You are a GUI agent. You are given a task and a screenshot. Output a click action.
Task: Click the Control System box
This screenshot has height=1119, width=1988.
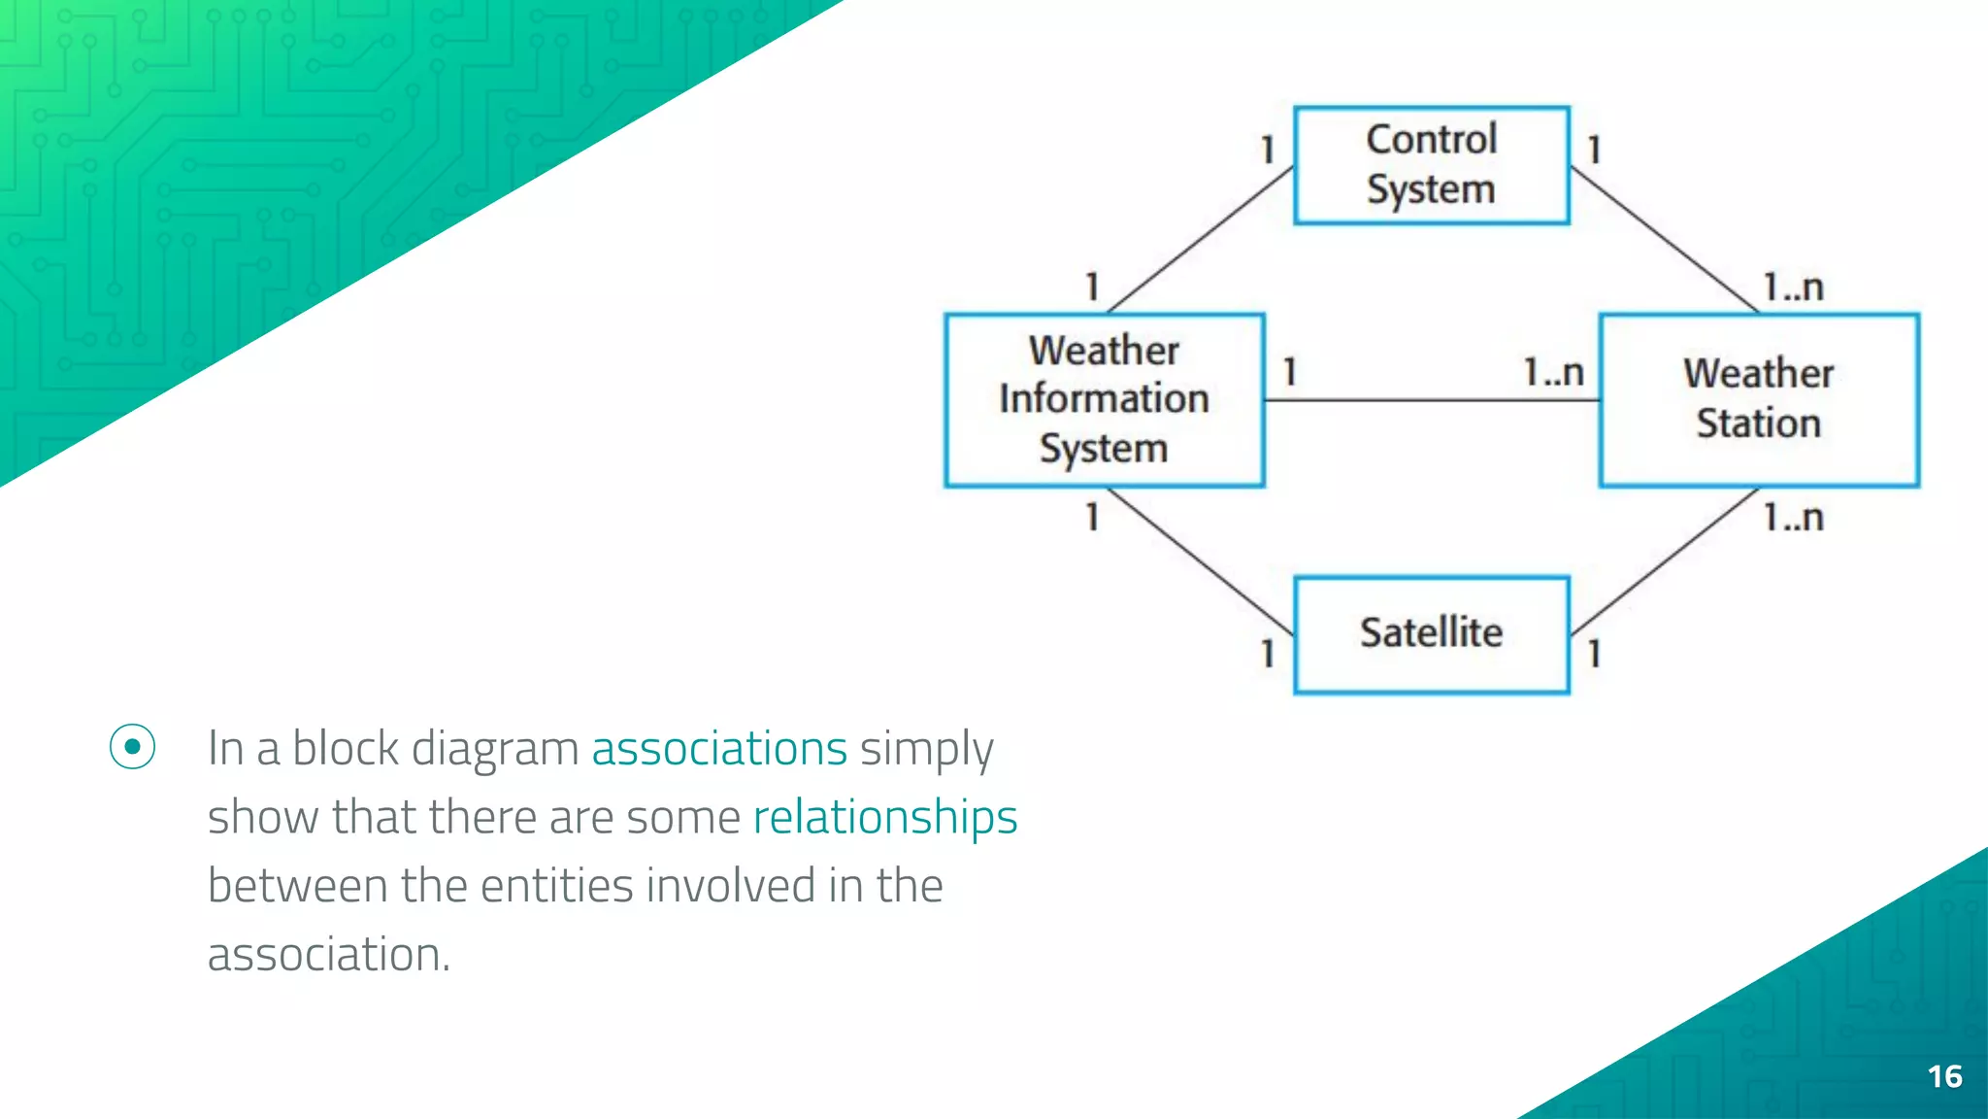[x=1431, y=165]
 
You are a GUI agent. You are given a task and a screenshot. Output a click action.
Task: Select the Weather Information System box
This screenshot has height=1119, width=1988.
[x=1104, y=399]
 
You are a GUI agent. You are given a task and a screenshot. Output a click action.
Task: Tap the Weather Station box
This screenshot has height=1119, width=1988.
[x=1758, y=399]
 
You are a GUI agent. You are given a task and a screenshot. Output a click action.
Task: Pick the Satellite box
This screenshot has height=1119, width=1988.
[x=1431, y=634]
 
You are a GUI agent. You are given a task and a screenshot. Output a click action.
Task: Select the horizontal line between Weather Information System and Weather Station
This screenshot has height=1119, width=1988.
[x=1432, y=400]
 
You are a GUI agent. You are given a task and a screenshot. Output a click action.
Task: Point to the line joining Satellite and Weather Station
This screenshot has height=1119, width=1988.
[x=1664, y=561]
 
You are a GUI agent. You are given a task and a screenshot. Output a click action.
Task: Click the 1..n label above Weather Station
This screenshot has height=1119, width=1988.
[x=1793, y=288]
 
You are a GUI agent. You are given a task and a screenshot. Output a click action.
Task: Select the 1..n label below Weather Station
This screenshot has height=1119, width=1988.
[x=1793, y=518]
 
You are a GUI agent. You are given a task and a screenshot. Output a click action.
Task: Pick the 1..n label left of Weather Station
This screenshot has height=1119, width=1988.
[x=1553, y=372]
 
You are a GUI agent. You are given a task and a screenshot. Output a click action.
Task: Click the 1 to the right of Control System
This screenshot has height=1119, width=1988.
[x=1594, y=150]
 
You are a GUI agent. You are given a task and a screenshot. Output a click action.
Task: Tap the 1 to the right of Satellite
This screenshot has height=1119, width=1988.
[x=1594, y=653]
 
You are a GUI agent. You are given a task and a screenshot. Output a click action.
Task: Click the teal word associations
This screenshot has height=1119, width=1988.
[x=719, y=749]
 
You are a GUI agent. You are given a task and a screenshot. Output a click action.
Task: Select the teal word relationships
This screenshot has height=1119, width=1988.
[x=884, y=817]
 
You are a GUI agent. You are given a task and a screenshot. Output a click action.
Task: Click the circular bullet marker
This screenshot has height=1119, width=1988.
[x=132, y=747]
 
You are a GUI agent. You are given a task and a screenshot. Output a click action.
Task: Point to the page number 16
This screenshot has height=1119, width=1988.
[x=1944, y=1076]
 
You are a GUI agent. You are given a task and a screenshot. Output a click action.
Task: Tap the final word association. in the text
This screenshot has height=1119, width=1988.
[x=329, y=955]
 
